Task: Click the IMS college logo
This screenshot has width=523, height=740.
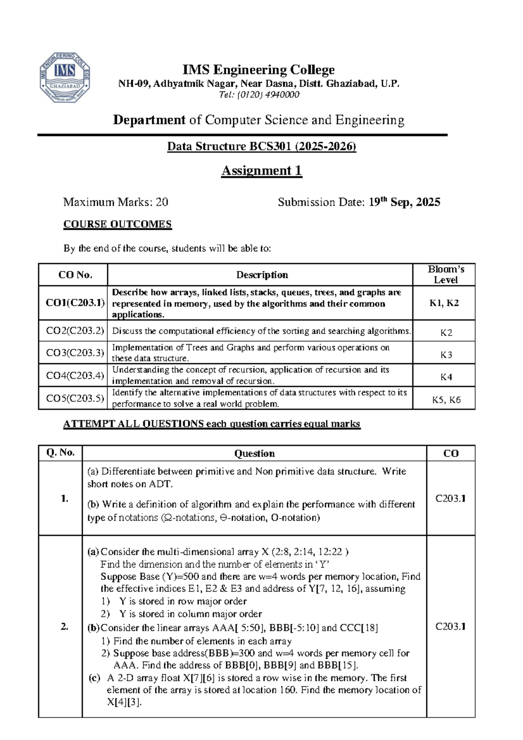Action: pyautogui.click(x=65, y=78)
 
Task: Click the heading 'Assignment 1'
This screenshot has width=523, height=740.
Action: pyautogui.click(x=261, y=171)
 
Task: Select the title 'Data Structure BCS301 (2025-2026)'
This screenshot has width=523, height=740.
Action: pyautogui.click(x=261, y=147)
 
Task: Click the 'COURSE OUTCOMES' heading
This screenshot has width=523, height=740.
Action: pyautogui.click(x=118, y=224)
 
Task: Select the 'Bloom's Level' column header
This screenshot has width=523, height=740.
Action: pyautogui.click(x=445, y=275)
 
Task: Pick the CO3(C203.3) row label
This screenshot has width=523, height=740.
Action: pyautogui.click(x=75, y=352)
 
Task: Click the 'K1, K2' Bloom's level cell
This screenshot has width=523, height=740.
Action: pyautogui.click(x=444, y=303)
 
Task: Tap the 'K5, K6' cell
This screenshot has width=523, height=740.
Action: pyautogui.click(x=446, y=400)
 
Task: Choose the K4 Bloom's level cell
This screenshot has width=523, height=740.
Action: pyautogui.click(x=446, y=377)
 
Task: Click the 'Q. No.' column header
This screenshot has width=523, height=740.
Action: pyautogui.click(x=61, y=453)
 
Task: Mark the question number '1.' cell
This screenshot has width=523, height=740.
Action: pyautogui.click(x=65, y=498)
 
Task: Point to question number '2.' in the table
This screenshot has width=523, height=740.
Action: pyautogui.click(x=65, y=627)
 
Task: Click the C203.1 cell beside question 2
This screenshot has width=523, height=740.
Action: pyautogui.click(x=450, y=627)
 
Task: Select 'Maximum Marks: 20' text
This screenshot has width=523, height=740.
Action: pyautogui.click(x=115, y=202)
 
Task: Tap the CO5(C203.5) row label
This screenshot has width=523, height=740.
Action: pyautogui.click(x=75, y=398)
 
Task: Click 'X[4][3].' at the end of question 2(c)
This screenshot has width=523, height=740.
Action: pyautogui.click(x=124, y=702)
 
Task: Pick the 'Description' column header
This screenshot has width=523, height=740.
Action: pyautogui.click(x=262, y=275)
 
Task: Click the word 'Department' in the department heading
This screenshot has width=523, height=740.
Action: pyautogui.click(x=149, y=120)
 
